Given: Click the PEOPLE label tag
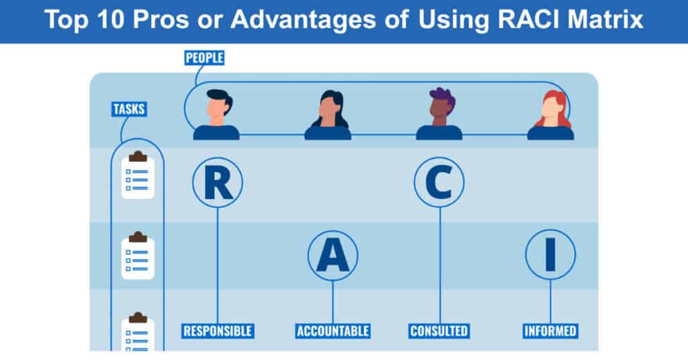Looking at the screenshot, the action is (x=204, y=58).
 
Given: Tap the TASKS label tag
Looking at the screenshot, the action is (x=129, y=109).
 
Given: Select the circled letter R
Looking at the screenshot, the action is (x=218, y=183).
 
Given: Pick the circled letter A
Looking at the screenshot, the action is (x=333, y=256).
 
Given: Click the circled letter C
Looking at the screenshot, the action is (x=439, y=183).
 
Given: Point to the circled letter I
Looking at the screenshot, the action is (x=550, y=255).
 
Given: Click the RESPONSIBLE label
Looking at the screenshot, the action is (x=218, y=331).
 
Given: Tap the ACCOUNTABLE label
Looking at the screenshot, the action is (x=333, y=331).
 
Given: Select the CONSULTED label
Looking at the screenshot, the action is (x=439, y=331).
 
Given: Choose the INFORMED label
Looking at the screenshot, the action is (x=550, y=331).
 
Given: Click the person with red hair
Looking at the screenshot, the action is (x=551, y=116).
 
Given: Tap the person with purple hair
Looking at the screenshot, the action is (x=439, y=114).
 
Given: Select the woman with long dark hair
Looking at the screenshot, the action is (x=328, y=116).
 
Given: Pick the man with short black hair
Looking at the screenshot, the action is (x=217, y=115).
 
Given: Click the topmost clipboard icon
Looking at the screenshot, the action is (x=138, y=175).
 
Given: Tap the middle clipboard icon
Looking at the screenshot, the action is (x=138, y=256).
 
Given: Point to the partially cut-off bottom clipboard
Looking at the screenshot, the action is (x=138, y=332).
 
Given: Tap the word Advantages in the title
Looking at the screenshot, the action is (x=304, y=20).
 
